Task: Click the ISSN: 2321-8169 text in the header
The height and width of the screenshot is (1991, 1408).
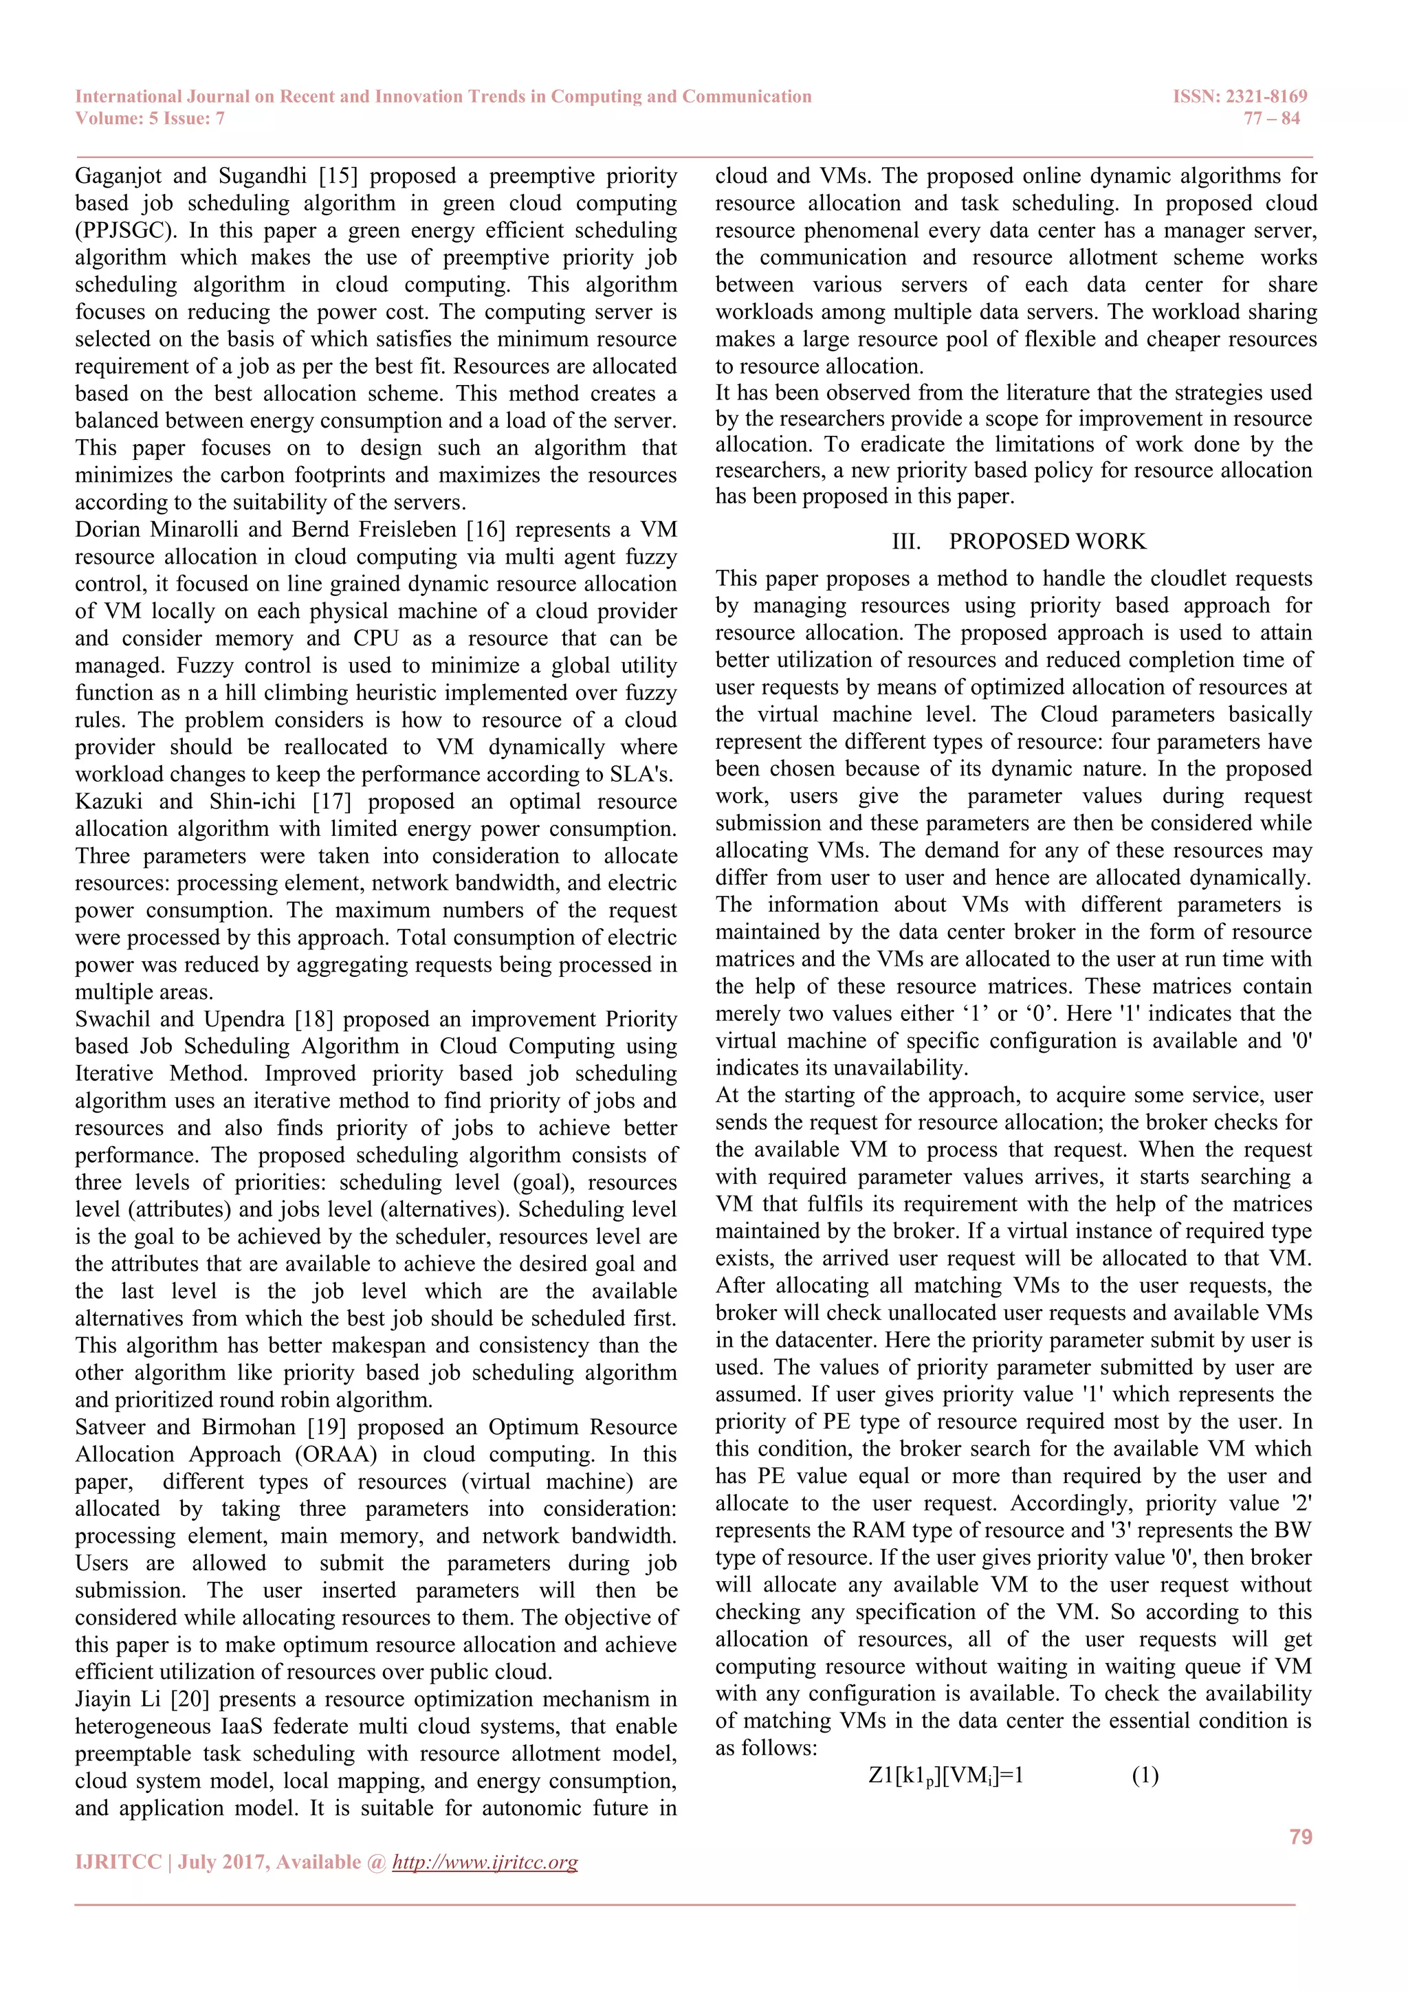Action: pyautogui.click(x=1240, y=96)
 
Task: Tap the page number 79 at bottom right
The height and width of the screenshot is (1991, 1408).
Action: pyautogui.click(x=1301, y=1836)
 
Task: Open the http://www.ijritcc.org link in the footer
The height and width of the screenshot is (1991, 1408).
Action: pyautogui.click(x=485, y=1862)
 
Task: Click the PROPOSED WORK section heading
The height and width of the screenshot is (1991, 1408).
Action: pyautogui.click(x=1046, y=541)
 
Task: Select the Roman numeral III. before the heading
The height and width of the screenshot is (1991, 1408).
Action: pyautogui.click(x=907, y=541)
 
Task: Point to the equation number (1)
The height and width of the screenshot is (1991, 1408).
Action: pyautogui.click(x=1145, y=1775)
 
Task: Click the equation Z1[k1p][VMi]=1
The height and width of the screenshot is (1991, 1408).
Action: pyautogui.click(x=946, y=1775)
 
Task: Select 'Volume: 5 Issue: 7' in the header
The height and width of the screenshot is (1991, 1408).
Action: pyautogui.click(x=150, y=118)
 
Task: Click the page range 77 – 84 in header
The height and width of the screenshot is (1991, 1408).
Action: pyautogui.click(x=1271, y=118)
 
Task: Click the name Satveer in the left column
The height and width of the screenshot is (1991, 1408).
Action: pyautogui.click(x=109, y=1427)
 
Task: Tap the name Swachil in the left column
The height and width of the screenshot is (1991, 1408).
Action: pyautogui.click(x=111, y=1019)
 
